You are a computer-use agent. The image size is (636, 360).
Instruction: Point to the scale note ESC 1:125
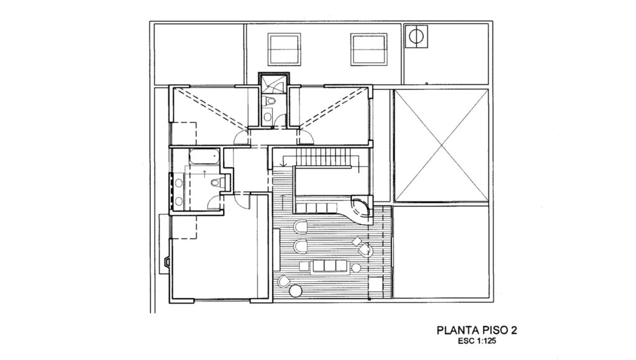click(x=477, y=341)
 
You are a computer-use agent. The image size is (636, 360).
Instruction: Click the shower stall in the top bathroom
click(x=273, y=84)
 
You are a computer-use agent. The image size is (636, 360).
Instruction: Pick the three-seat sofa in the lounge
click(x=325, y=266)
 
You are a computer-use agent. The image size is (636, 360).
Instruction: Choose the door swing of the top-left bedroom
click(x=241, y=138)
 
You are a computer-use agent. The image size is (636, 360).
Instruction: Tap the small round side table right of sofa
click(x=357, y=267)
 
